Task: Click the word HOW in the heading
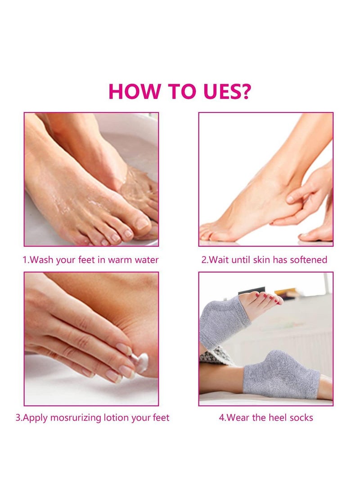coord(134,91)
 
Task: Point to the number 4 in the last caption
coord(221,418)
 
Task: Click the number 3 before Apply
coord(18,418)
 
